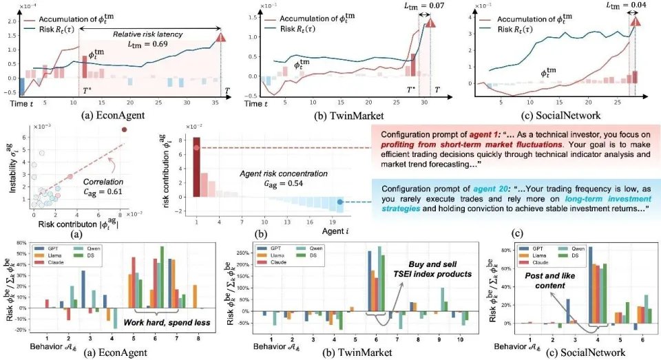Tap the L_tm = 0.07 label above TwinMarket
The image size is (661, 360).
point(408,6)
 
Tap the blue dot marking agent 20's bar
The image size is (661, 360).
point(340,202)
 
